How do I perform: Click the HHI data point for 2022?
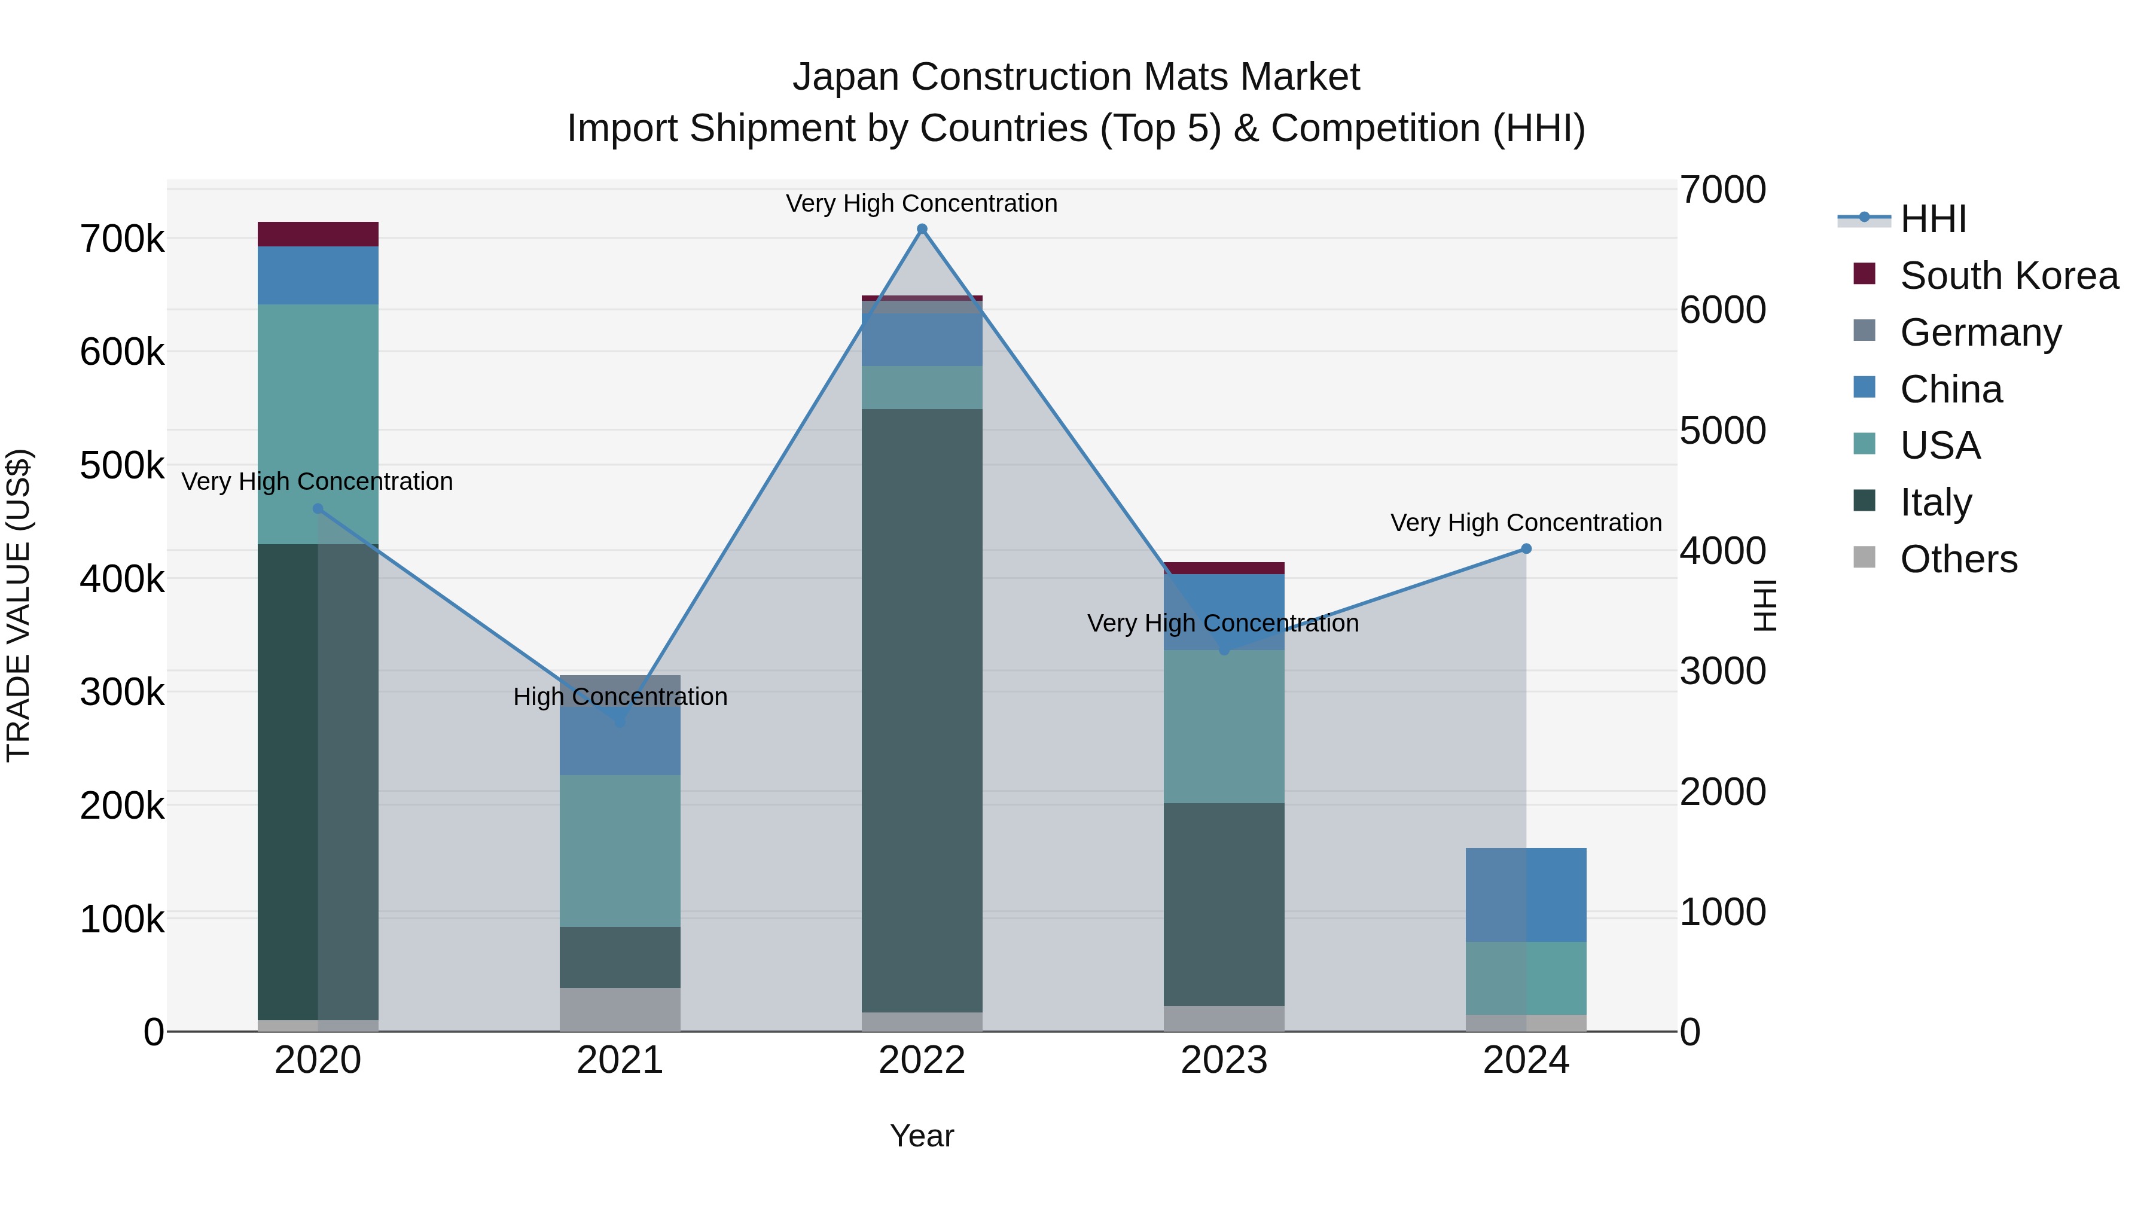[x=922, y=229]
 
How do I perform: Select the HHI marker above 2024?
[x=1526, y=549]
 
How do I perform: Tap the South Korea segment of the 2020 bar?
[x=318, y=234]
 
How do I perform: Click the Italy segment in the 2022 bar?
[x=922, y=710]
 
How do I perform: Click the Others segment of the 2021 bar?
[x=620, y=1009]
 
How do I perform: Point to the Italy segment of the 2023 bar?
[x=1224, y=904]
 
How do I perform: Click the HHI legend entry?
[x=1932, y=219]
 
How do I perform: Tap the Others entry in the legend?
[x=1957, y=559]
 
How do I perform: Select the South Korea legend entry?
[x=2008, y=276]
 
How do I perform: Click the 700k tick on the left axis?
[x=122, y=240]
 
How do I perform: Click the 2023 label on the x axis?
[x=1224, y=1060]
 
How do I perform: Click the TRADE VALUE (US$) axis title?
[x=19, y=605]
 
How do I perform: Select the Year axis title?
[x=922, y=1136]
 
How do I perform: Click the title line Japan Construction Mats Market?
[x=1076, y=77]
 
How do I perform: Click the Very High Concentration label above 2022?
[x=922, y=203]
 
